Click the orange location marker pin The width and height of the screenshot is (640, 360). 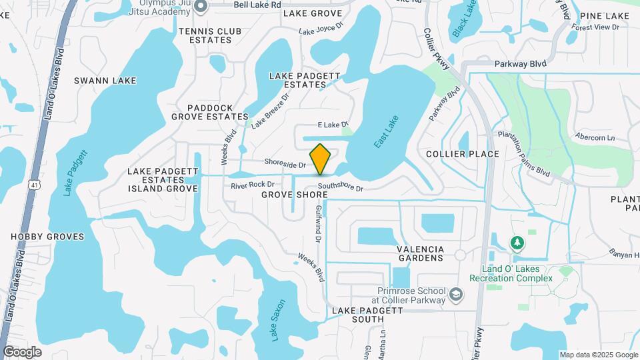click(320, 159)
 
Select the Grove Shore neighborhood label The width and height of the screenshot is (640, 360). click(294, 195)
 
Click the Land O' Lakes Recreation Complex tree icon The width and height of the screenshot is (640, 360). click(517, 243)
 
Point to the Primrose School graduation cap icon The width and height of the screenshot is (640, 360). click(455, 294)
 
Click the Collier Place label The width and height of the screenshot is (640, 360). click(463, 154)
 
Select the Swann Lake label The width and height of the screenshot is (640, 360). click(105, 81)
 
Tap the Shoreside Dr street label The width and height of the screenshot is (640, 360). click(285, 163)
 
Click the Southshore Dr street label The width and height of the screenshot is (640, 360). click(340, 188)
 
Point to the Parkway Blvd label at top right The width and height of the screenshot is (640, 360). click(520, 63)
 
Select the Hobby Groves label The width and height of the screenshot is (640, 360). click(47, 237)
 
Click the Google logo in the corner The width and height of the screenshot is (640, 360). click(22, 351)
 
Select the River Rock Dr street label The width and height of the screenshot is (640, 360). click(253, 184)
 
